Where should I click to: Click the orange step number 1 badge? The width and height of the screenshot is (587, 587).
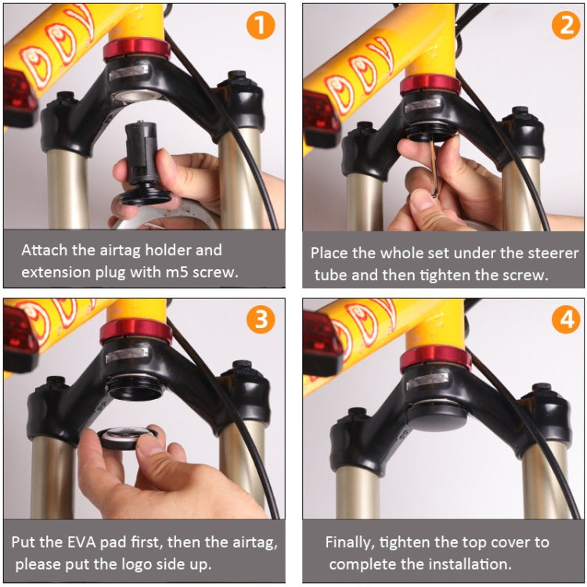[261, 25]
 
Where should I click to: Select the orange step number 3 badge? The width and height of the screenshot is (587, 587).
[261, 319]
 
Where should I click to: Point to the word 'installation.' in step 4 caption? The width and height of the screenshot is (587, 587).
[468, 564]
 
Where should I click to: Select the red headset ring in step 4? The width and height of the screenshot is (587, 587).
[436, 359]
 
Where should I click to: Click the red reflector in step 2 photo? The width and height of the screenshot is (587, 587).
[321, 117]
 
